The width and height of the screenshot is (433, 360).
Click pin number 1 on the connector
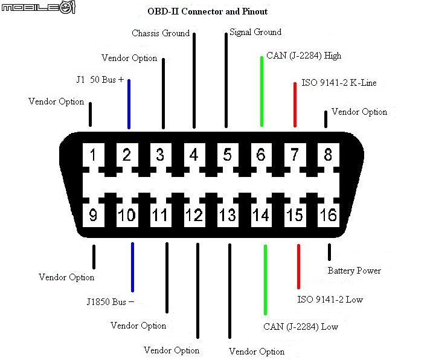[x=94, y=155]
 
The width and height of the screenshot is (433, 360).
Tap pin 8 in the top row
[x=328, y=155]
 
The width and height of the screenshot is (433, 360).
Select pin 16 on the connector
[x=329, y=215]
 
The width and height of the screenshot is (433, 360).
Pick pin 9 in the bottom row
[x=94, y=215]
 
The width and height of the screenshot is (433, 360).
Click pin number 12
[x=194, y=215]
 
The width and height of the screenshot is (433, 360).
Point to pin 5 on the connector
[x=228, y=155]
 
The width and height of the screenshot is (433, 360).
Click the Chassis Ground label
[x=161, y=33]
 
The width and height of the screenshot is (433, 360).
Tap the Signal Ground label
[x=255, y=32]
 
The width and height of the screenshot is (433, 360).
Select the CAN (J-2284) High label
[x=304, y=56]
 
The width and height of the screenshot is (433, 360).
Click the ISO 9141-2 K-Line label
[x=339, y=83]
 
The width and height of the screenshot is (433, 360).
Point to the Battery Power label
[x=354, y=271]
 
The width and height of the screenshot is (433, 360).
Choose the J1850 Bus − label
[x=111, y=301]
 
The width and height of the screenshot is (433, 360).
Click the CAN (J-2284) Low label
[x=301, y=327]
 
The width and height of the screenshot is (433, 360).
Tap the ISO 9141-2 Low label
[x=330, y=300]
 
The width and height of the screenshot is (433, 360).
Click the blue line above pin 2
[x=129, y=104]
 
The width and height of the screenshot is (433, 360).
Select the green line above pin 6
[x=261, y=91]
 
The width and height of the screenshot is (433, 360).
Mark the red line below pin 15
[x=298, y=266]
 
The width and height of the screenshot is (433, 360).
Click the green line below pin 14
[x=265, y=280]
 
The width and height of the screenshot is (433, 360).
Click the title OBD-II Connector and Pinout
[x=208, y=11]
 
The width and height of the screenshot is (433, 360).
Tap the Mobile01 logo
[x=39, y=7]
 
